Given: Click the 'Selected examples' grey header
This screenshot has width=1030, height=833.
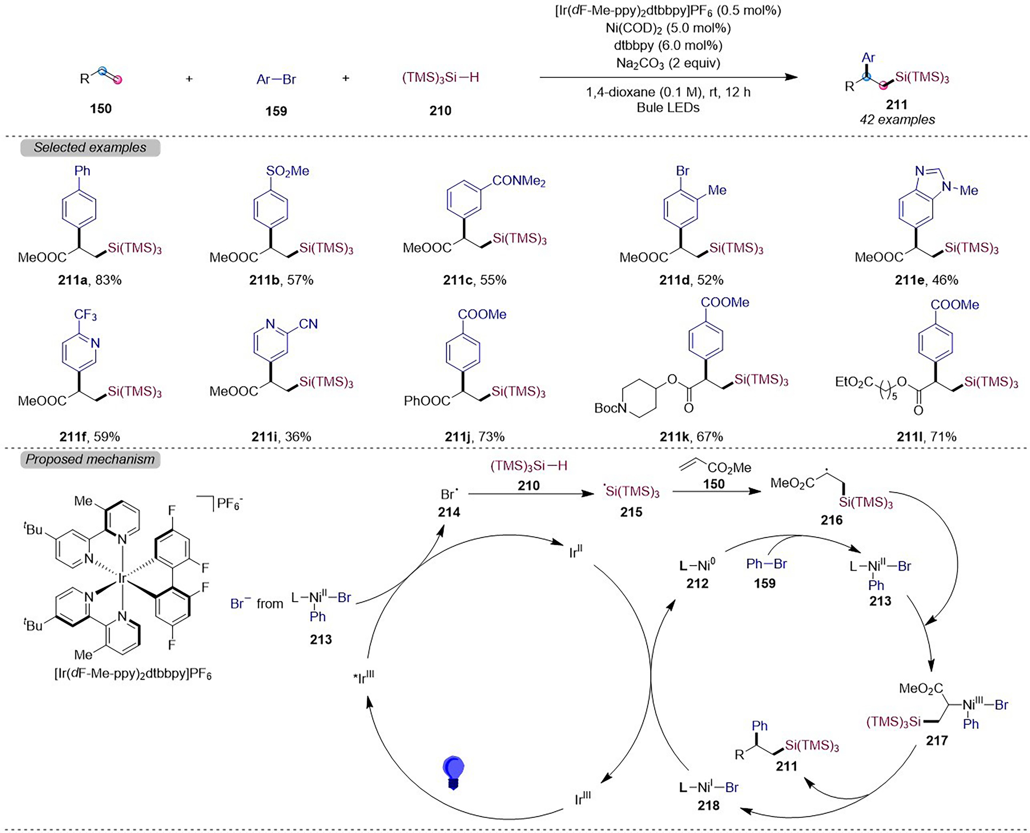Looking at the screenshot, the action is (x=90, y=147).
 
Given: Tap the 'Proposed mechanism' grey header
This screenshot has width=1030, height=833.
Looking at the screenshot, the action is (x=90, y=459).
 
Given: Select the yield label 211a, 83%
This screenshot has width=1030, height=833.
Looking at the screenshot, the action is (x=90, y=280).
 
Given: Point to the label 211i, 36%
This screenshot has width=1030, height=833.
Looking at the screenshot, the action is (x=281, y=437).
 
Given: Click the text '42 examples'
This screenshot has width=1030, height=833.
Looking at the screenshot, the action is (x=897, y=120).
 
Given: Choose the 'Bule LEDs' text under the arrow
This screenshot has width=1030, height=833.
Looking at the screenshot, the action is (x=668, y=107).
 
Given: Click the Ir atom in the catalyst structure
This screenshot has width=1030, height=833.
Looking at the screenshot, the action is (x=122, y=580).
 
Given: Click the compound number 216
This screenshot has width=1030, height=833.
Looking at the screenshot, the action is (x=831, y=520).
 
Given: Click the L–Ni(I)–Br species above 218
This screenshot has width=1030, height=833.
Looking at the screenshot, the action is (x=709, y=787).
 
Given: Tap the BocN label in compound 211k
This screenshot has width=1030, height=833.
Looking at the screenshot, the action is (x=610, y=408).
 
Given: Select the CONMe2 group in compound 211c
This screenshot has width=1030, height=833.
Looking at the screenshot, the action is (x=519, y=181).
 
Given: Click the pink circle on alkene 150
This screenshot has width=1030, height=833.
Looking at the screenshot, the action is (x=117, y=80).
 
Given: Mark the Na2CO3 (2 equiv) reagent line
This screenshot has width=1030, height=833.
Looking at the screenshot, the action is (x=668, y=63).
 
